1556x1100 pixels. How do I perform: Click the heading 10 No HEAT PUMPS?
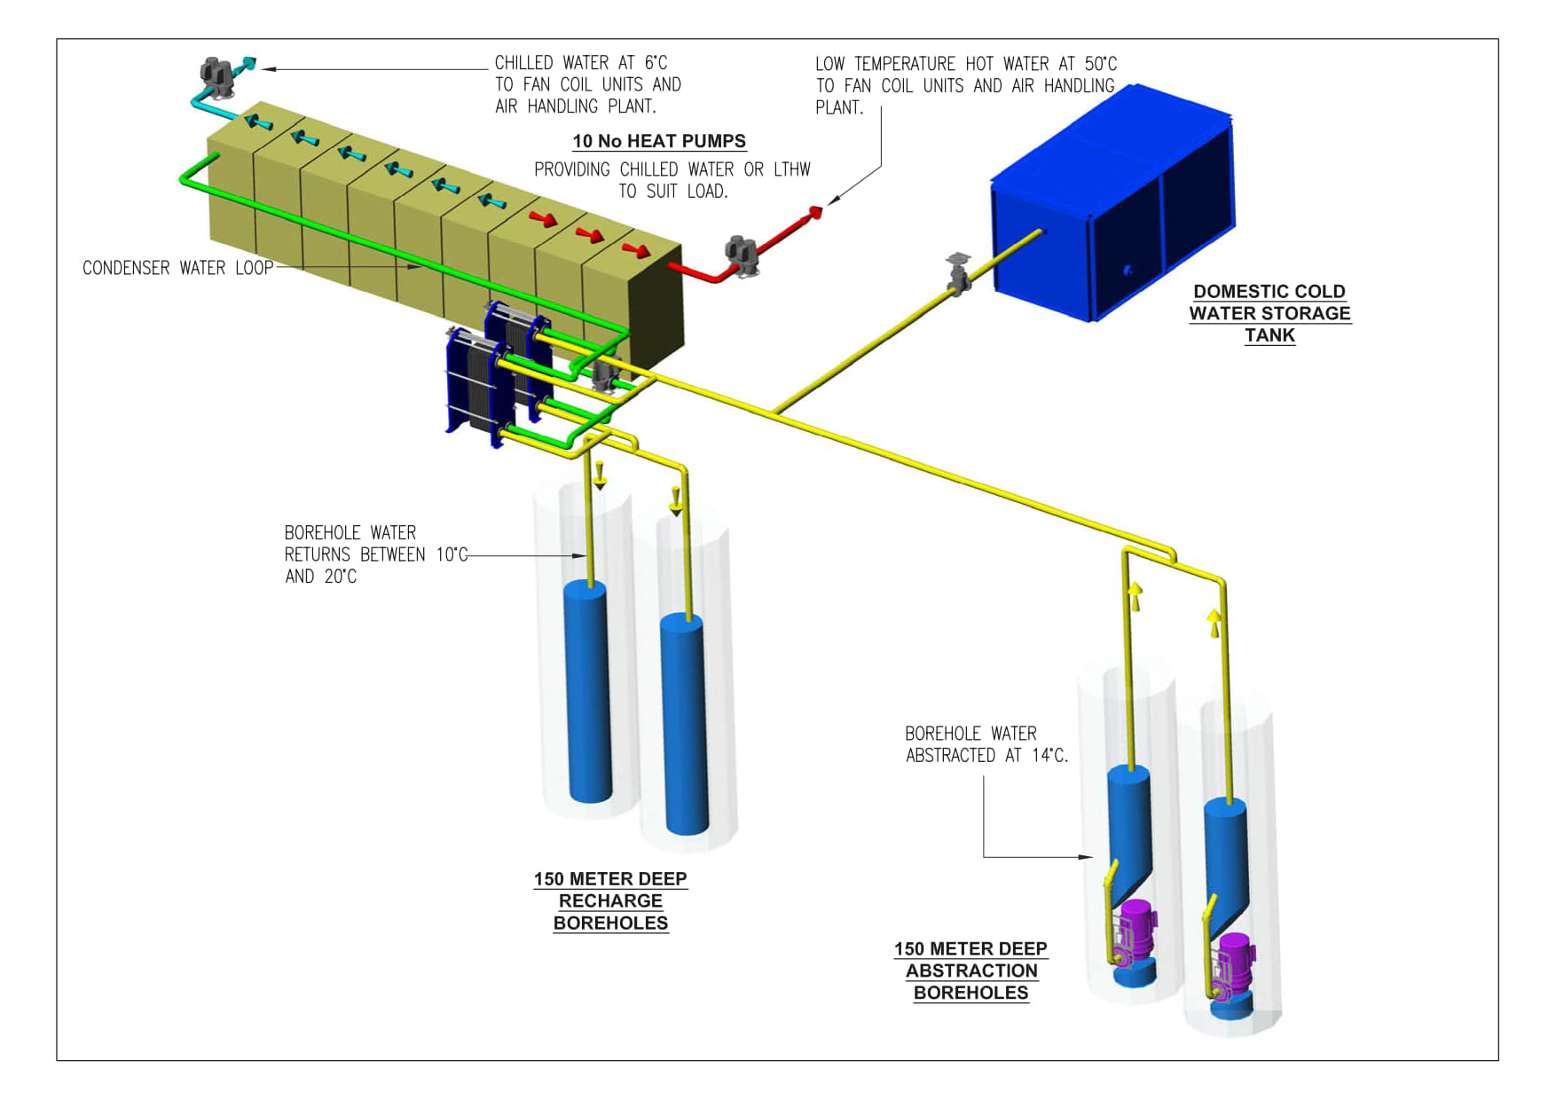[658, 141]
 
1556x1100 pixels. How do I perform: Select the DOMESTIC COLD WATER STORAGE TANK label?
[1269, 313]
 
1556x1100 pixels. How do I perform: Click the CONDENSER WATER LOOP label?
[177, 268]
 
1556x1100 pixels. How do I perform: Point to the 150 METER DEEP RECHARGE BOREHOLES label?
[610, 900]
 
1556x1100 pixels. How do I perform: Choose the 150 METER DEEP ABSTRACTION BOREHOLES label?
[971, 970]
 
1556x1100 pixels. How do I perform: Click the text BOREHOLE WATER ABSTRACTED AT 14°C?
[986, 744]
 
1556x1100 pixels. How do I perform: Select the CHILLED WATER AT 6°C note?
[587, 84]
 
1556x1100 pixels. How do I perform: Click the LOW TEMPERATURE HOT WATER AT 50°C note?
[965, 85]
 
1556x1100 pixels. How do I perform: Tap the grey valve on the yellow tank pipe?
[957, 273]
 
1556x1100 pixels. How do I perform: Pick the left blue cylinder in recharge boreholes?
[586, 692]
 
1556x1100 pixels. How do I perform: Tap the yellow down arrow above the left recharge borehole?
[600, 475]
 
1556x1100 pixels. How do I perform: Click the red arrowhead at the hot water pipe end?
[814, 211]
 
